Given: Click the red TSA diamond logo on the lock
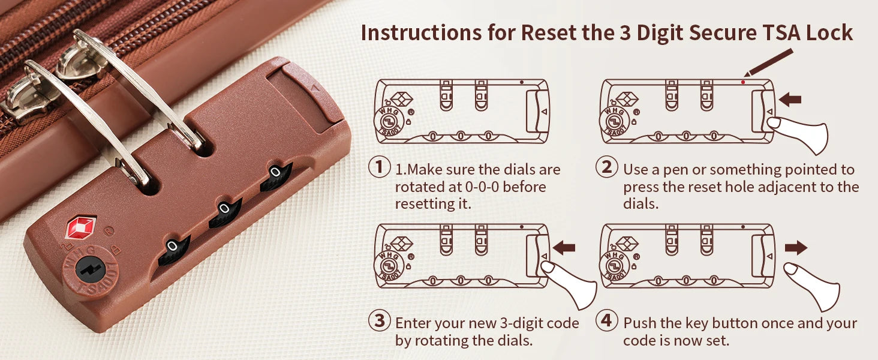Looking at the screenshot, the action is click(x=80, y=226).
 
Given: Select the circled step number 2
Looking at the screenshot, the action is click(x=606, y=167).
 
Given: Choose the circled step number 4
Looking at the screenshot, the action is click(x=606, y=320).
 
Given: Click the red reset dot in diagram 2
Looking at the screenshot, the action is click(x=743, y=82).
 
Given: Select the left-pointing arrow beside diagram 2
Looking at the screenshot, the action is click(x=790, y=100).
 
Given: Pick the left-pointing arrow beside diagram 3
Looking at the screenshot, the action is click(x=564, y=248).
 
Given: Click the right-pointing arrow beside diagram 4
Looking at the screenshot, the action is click(x=796, y=248).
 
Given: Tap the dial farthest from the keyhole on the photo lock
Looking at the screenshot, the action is click(x=276, y=176).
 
